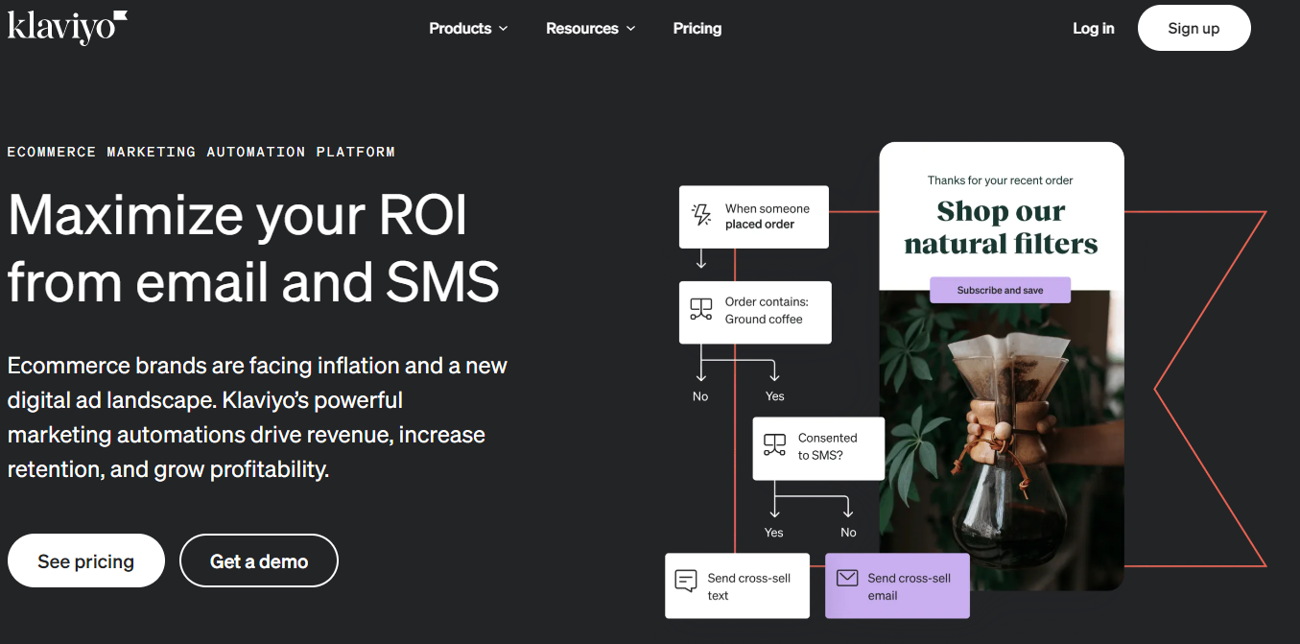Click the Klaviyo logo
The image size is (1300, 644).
click(67, 27)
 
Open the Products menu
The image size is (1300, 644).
click(468, 29)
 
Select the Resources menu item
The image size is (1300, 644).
click(591, 29)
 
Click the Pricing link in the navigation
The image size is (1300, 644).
click(697, 29)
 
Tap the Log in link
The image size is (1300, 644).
click(1094, 29)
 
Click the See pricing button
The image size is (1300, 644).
click(86, 561)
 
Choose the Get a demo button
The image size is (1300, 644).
click(259, 561)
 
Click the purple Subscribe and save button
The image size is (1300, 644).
click(1000, 290)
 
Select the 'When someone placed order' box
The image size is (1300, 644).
click(754, 217)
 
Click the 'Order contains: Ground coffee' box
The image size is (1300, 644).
click(755, 312)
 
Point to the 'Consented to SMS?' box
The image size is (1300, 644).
click(818, 448)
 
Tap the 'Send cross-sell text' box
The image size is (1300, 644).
click(737, 585)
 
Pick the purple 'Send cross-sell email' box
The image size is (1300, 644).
click(897, 585)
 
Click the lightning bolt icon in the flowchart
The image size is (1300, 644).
click(701, 214)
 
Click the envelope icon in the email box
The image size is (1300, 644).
click(847, 578)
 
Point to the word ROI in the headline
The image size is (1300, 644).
click(422, 215)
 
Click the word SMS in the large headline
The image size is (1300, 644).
click(442, 282)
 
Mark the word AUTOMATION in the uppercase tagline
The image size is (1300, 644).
click(256, 153)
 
